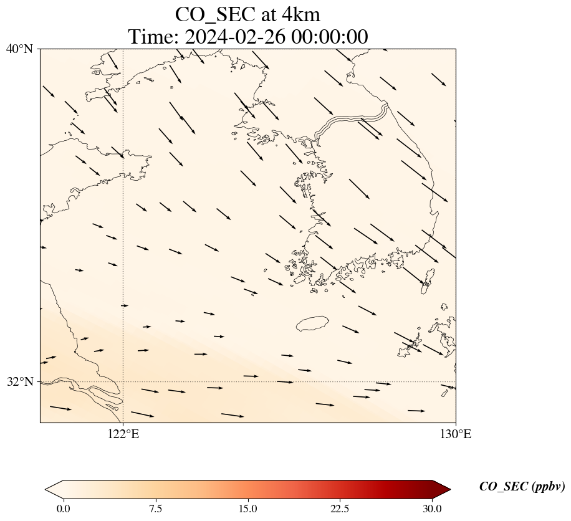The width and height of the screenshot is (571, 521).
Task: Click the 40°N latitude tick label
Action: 19,49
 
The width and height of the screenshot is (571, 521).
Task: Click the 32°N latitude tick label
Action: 19,381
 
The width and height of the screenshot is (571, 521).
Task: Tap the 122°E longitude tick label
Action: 123,434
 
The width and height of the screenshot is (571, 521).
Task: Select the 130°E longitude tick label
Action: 456,434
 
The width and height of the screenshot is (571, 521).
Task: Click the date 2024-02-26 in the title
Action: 234,37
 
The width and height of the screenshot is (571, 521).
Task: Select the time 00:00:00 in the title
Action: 327,37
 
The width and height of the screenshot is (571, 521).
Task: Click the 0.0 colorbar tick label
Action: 63,509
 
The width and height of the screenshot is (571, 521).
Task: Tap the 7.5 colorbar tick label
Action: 155,509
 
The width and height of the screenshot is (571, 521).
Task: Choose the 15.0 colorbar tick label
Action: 248,509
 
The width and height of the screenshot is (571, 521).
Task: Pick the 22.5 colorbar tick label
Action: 340,509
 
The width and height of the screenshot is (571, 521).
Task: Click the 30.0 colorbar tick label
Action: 433,509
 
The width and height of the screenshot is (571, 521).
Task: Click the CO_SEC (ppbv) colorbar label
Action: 522,487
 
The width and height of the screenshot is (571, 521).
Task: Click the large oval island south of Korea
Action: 312,323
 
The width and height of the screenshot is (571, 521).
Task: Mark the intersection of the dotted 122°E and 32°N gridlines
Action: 123,381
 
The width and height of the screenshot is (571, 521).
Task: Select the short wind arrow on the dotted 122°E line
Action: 124,305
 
